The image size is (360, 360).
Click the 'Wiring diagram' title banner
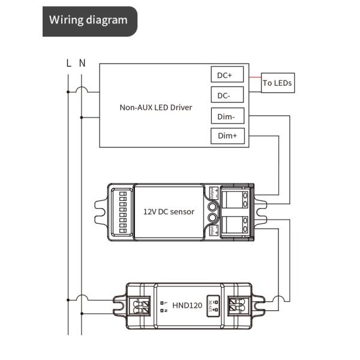point(89,20)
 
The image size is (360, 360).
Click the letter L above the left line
point(68,62)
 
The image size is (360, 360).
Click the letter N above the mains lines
point(82,62)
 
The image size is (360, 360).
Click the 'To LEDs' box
point(278,83)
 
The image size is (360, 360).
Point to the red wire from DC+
point(253,77)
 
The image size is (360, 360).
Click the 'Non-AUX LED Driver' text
point(155,107)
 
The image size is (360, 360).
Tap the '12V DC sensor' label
point(169,212)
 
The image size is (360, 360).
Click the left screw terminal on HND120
point(143,305)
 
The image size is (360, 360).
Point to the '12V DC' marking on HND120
point(212,305)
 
